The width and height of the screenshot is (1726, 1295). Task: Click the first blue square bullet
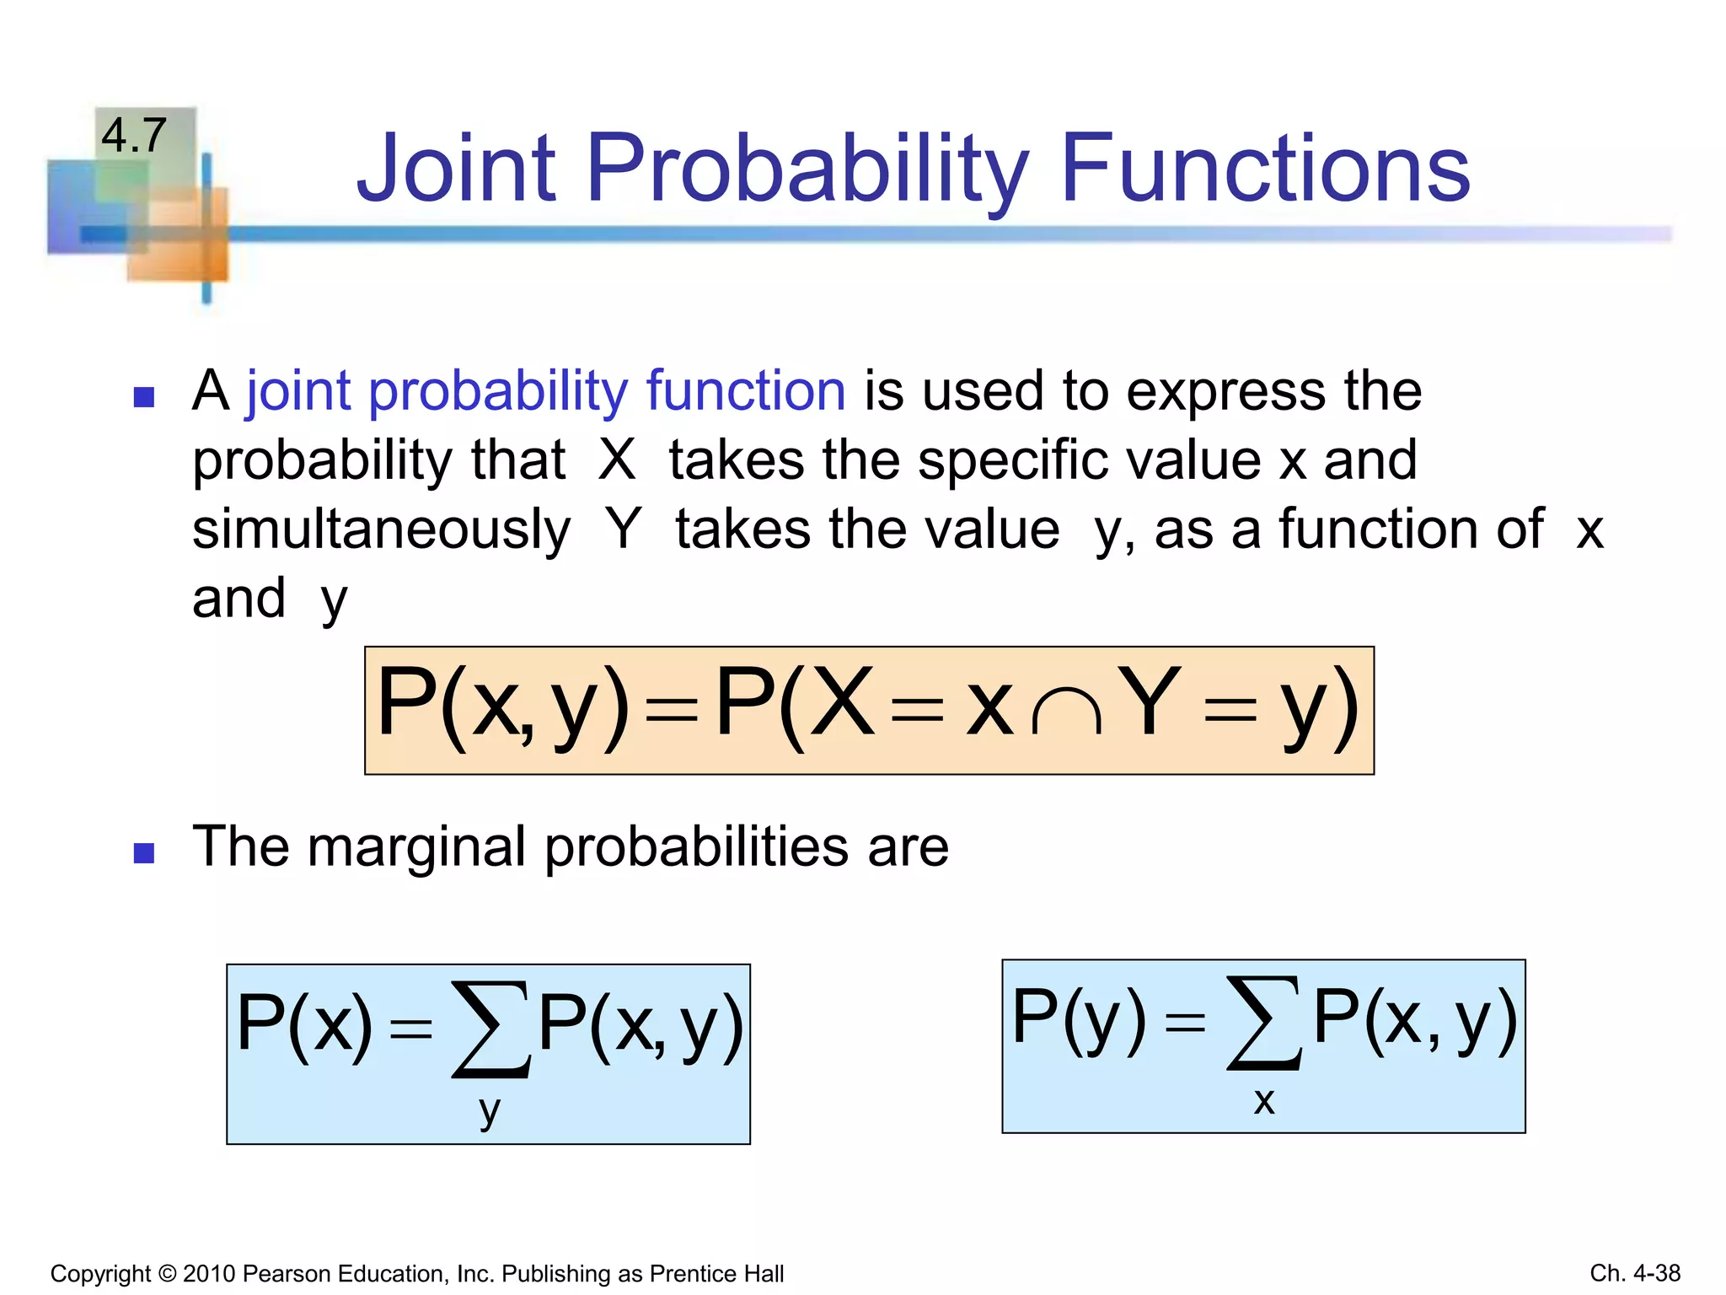coord(144,396)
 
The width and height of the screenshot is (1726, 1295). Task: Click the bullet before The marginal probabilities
coord(144,853)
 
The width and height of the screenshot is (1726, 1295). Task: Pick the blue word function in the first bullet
coord(745,391)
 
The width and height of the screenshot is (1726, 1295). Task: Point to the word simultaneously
coord(381,530)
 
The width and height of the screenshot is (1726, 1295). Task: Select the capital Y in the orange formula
coord(1151,701)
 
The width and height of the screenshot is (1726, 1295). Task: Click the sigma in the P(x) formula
coord(490,1029)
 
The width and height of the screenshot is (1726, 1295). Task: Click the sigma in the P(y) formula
coord(1263,1023)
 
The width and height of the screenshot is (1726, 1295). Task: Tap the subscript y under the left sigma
coord(489,1111)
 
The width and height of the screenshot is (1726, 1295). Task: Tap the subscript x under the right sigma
coord(1263,1101)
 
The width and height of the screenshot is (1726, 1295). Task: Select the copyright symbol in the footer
coord(167,1273)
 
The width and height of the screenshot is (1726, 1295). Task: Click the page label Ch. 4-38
coord(1634,1273)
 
